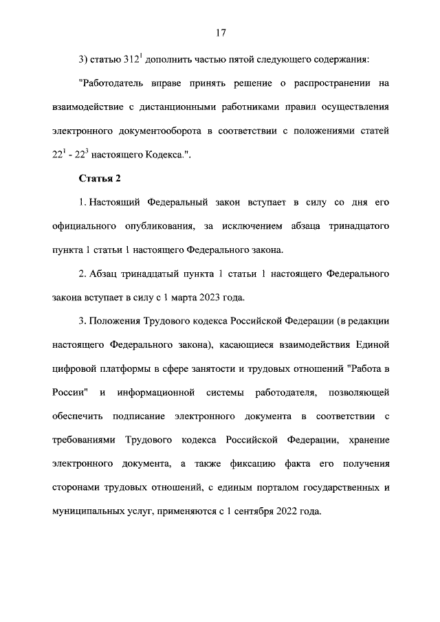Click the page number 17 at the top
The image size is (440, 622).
pos(220,33)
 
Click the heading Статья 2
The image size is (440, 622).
pos(100,179)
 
